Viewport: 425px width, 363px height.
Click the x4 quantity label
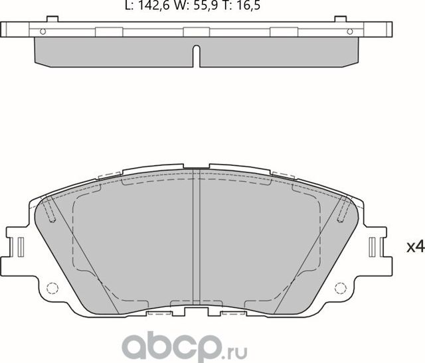(414, 248)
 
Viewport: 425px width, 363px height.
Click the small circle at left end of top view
(43, 31)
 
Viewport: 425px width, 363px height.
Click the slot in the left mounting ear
(21, 248)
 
